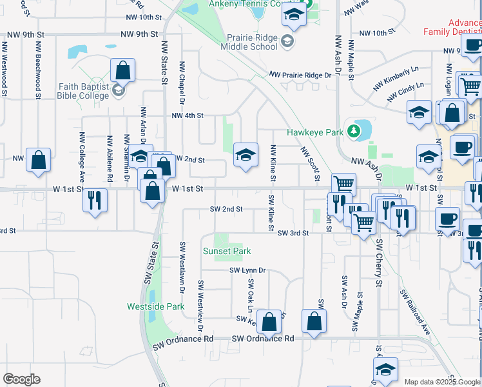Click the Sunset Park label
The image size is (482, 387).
(x=226, y=251)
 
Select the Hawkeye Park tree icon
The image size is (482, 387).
(x=353, y=132)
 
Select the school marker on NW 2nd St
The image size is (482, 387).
(x=246, y=155)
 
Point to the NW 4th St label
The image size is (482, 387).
(x=188, y=116)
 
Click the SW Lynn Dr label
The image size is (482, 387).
(x=248, y=271)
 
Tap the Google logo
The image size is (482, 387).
(x=21, y=379)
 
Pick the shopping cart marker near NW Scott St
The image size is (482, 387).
(x=343, y=184)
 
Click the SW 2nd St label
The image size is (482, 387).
(x=226, y=209)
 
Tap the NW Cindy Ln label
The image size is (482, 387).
(x=406, y=92)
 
